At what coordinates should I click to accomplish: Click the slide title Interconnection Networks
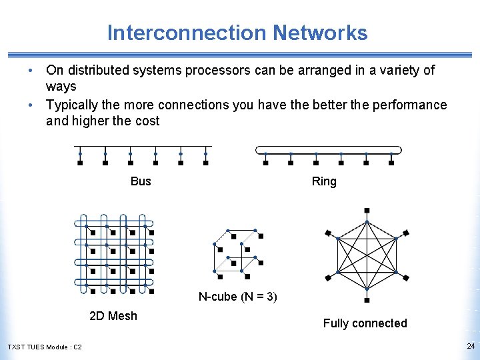pyautogui.click(x=237, y=33)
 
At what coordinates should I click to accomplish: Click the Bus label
pyautogui.click(x=141, y=181)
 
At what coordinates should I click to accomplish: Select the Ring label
pyautogui.click(x=324, y=181)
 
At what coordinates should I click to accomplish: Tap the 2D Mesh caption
pyautogui.click(x=113, y=316)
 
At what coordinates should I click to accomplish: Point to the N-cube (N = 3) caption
pyautogui.click(x=237, y=297)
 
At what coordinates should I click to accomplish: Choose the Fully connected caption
pyautogui.click(x=365, y=323)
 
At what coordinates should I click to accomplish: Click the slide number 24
pyautogui.click(x=471, y=346)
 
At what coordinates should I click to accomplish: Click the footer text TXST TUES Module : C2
pyautogui.click(x=45, y=347)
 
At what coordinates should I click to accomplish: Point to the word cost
pyautogui.click(x=147, y=121)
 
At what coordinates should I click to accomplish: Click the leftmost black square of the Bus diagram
pyautogui.click(x=80, y=162)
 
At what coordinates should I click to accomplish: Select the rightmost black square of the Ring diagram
pyautogui.click(x=391, y=162)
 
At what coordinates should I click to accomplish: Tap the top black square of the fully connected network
pyautogui.click(x=367, y=211)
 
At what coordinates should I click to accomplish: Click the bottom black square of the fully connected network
pyautogui.click(x=367, y=300)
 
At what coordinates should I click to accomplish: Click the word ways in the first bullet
pyautogui.click(x=61, y=86)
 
